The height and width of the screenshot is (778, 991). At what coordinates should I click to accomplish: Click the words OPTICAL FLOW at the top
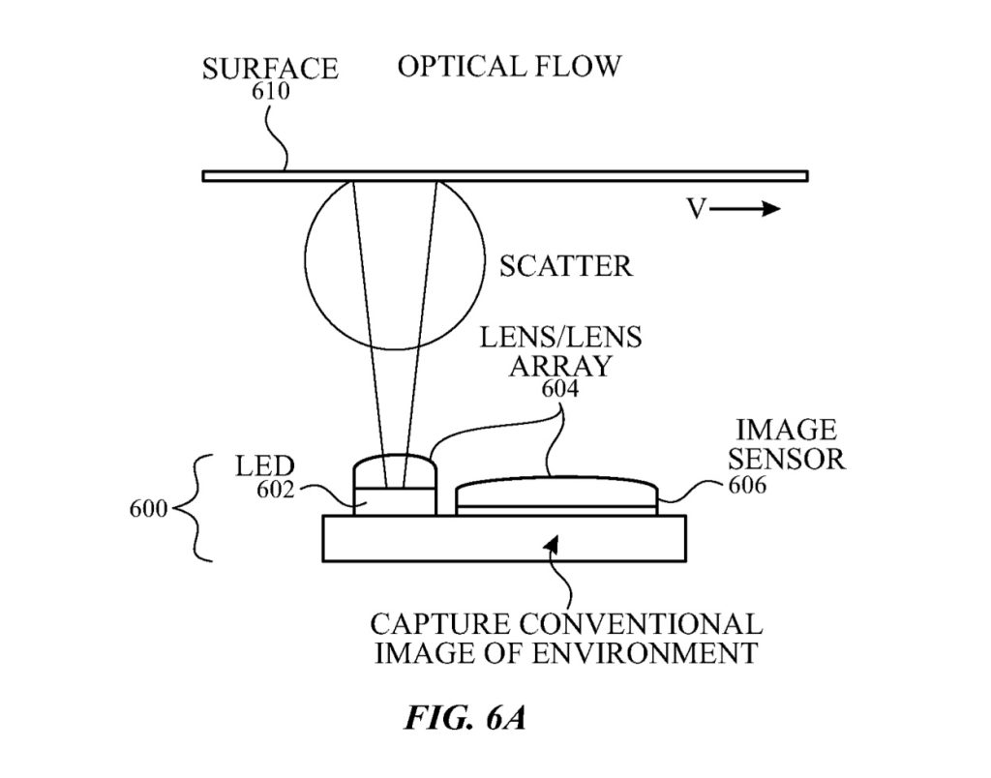pos(509,67)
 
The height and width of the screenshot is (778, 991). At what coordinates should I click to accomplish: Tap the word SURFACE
pos(270,70)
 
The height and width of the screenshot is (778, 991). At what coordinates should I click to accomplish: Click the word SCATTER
pos(565,265)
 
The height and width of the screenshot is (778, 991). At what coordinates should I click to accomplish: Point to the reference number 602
pos(276,490)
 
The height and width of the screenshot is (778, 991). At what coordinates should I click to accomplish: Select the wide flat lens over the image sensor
pos(556,491)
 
